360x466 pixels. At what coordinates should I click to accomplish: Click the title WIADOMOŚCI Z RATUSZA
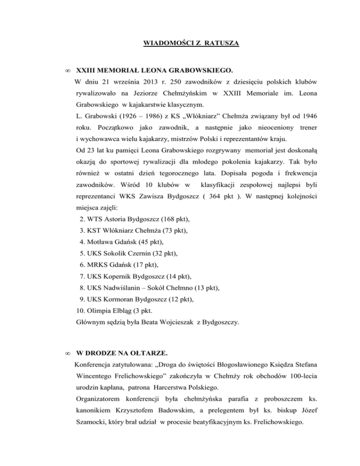190,44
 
